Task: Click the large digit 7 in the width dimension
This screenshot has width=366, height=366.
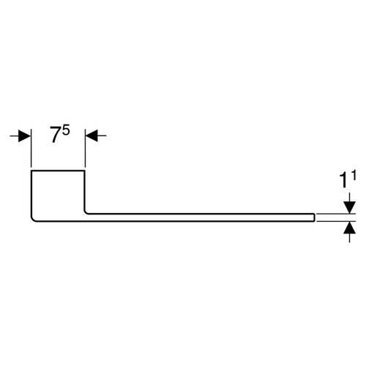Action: click(55, 135)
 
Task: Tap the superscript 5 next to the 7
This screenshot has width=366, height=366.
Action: click(66, 130)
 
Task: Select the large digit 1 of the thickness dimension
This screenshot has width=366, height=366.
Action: click(343, 181)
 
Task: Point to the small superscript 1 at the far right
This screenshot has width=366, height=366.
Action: click(354, 176)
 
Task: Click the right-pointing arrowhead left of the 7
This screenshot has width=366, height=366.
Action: click(25, 135)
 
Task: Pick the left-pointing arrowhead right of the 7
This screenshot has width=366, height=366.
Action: click(91, 135)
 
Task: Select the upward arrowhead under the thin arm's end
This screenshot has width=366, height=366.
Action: click(350, 228)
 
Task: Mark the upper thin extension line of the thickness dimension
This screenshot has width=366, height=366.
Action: click(336, 214)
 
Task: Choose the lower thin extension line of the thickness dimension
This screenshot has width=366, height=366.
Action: click(336, 221)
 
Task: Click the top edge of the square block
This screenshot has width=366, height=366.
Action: click(58, 171)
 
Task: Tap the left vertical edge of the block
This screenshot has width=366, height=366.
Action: click(31, 193)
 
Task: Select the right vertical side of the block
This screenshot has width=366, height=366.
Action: click(85, 190)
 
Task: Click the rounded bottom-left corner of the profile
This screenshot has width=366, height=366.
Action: click(33, 220)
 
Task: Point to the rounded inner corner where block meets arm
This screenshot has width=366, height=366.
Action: click(86, 212)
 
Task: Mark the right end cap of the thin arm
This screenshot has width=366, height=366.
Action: click(314, 217)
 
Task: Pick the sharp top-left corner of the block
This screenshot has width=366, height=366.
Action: click(31, 171)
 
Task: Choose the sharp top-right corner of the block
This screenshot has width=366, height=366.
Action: click(85, 171)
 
